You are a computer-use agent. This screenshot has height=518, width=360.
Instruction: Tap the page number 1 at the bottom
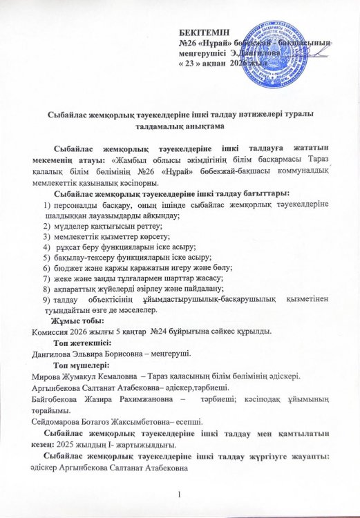(x=179, y=493)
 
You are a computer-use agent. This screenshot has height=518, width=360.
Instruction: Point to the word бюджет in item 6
(x=68, y=267)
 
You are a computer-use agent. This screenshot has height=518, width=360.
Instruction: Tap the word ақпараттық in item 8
(x=78, y=289)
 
